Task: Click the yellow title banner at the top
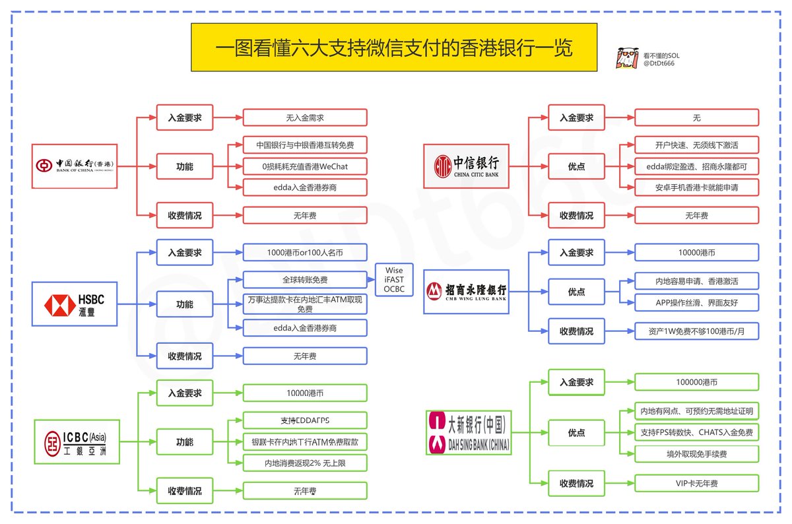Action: click(x=394, y=48)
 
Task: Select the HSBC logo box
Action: click(x=75, y=304)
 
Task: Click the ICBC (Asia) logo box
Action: click(x=77, y=442)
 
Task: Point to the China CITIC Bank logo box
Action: click(x=467, y=166)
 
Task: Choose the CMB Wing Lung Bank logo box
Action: click(x=467, y=290)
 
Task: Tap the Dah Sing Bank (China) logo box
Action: click(x=468, y=432)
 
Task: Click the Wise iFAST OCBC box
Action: click(x=394, y=280)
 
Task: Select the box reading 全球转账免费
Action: click(x=304, y=279)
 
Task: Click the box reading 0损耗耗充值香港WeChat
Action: click(x=304, y=166)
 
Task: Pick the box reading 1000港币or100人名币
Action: click(x=304, y=252)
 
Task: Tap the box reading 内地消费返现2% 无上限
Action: click(x=304, y=463)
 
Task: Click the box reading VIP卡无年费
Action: click(x=696, y=484)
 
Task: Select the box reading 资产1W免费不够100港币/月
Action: click(x=696, y=331)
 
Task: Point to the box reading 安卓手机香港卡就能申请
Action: click(x=696, y=187)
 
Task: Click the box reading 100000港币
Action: click(x=696, y=382)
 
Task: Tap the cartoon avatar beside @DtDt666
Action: click(x=626, y=59)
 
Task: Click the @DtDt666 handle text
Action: click(x=659, y=63)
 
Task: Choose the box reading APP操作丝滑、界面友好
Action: click(x=696, y=303)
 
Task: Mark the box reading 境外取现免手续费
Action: click(x=696, y=454)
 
